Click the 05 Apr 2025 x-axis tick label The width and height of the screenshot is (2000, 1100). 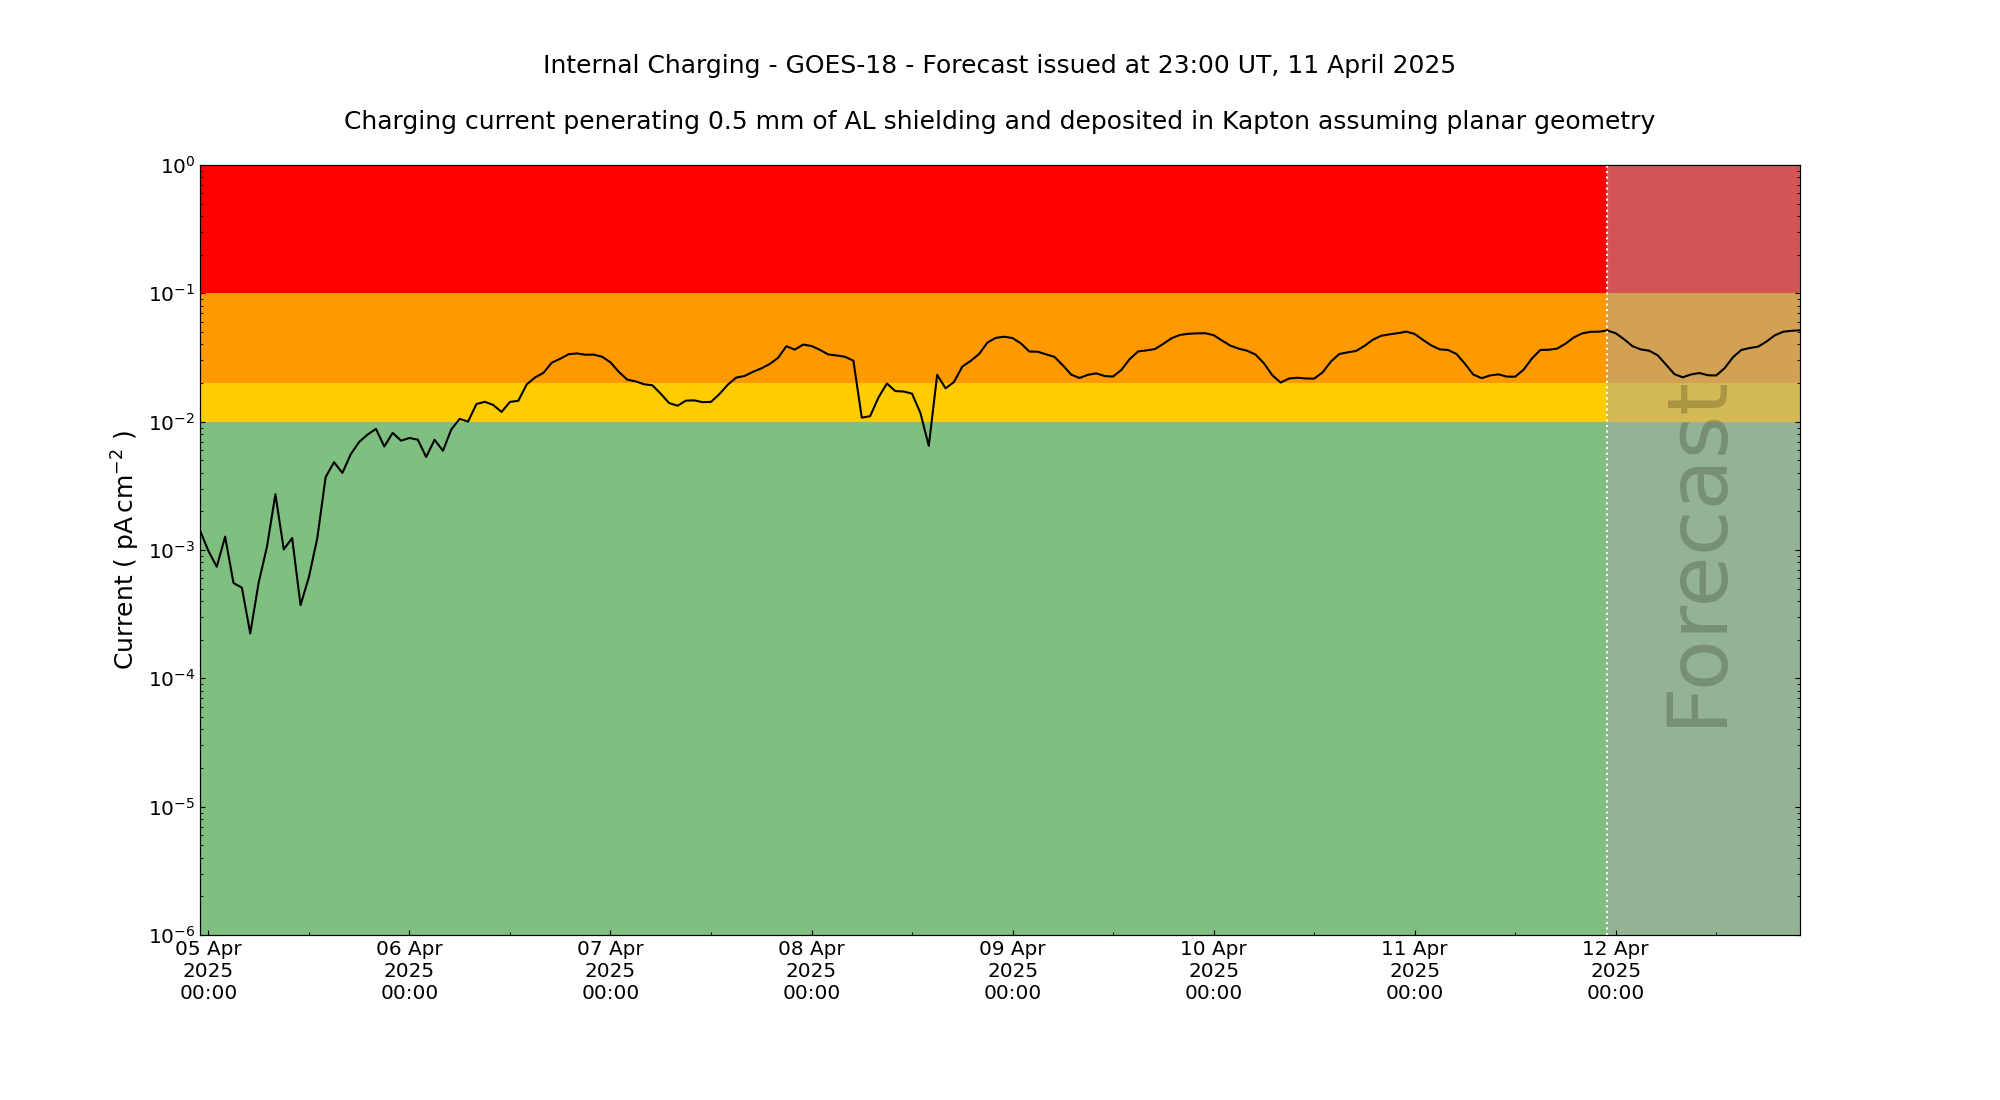tap(208, 970)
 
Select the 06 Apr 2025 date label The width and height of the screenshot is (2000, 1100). tap(409, 970)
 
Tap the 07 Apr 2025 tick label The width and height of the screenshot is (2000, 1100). tap(610, 970)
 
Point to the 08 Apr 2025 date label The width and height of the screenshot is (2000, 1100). tap(811, 970)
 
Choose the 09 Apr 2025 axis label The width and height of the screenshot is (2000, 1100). tap(1012, 970)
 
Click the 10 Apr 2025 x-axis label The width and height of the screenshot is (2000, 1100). tap(1213, 970)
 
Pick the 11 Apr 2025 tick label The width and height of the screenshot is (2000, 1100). tap(1414, 970)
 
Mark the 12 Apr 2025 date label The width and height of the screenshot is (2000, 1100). tap(1615, 970)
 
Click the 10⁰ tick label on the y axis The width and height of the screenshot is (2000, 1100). tap(177, 165)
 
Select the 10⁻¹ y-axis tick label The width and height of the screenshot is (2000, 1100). tap(171, 294)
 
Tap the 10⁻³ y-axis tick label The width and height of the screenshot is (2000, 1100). tap(171, 551)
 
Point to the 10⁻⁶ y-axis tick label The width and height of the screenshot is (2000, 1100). tap(171, 936)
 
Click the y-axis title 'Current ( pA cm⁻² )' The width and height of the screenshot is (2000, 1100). tap(124, 550)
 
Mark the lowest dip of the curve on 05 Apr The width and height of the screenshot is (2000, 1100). tap(250, 632)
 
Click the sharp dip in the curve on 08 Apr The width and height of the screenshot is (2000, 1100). tap(928, 445)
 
